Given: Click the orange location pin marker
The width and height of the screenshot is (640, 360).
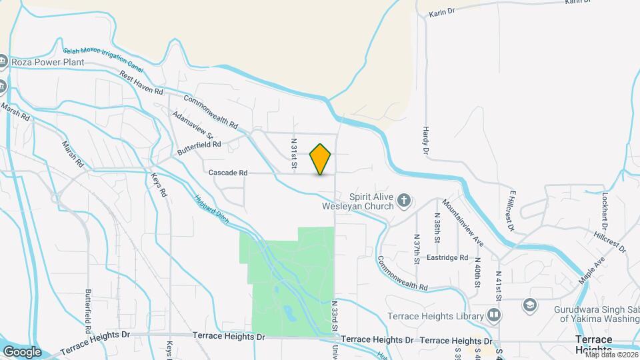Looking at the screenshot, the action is [320, 159].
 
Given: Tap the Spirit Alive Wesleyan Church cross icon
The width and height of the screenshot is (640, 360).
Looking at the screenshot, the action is [403, 200].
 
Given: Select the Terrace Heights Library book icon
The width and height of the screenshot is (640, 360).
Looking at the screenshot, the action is [494, 314].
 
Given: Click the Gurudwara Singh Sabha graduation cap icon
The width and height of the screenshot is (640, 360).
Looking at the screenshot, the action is [529, 305].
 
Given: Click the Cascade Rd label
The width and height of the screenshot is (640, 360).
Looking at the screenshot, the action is [228, 173].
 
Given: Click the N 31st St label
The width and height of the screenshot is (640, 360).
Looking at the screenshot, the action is [293, 153].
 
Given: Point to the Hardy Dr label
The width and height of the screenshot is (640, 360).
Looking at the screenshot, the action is [425, 140].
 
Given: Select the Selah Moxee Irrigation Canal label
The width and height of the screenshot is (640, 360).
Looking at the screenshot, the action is [103, 59].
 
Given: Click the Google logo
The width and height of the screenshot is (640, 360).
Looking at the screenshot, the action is [22, 352].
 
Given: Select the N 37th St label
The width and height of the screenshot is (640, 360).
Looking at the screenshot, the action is [416, 248].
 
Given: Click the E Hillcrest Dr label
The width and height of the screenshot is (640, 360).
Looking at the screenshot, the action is [511, 211].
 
